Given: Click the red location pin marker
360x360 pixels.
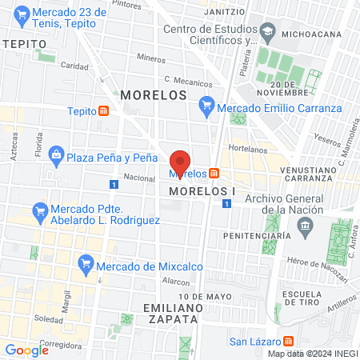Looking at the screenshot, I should pyautogui.click(x=180, y=160).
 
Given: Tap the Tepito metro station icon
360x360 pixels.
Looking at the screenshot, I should pyautogui.click(x=104, y=111).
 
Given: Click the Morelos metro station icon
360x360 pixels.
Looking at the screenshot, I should pyautogui.click(x=214, y=174).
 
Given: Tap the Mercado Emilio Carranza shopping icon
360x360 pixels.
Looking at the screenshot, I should pyautogui.click(x=207, y=104).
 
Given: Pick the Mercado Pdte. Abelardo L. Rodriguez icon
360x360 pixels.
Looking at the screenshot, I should pyautogui.click(x=39, y=211).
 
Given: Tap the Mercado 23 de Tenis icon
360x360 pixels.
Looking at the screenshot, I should pyautogui.click(x=23, y=14).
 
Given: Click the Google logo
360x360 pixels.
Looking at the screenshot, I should pyautogui.click(x=26, y=350).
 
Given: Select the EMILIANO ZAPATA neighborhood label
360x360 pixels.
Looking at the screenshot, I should pyautogui.click(x=170, y=313).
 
